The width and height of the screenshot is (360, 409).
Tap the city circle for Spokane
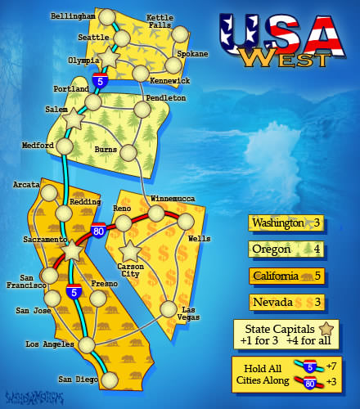(173, 65)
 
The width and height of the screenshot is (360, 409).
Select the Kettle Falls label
(160, 21)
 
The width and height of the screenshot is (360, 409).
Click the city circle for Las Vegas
(169, 309)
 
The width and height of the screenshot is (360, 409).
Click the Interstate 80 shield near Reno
(98, 231)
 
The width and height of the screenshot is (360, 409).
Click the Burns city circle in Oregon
(128, 151)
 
